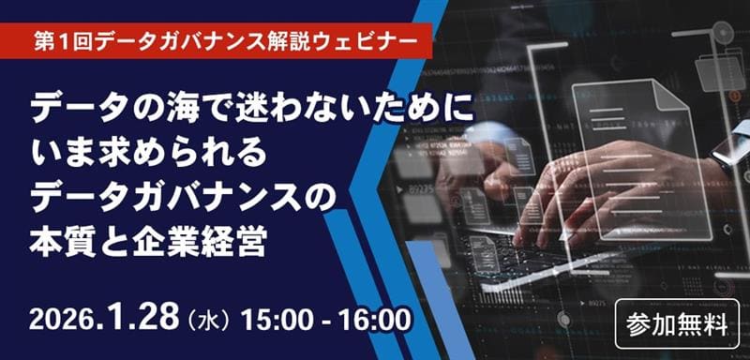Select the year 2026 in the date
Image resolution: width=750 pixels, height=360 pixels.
coord(61,319)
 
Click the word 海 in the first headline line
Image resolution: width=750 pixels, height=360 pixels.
coord(167,110)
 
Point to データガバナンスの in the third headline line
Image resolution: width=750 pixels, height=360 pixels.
coord(182,197)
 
